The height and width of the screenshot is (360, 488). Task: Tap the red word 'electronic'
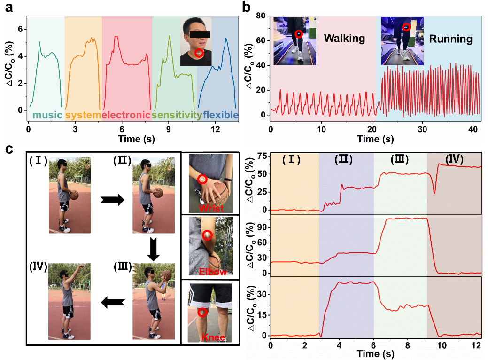pos(126,115)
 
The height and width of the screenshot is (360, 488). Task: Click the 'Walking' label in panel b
pos(344,38)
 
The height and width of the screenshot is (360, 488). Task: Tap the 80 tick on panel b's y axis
pos(262,16)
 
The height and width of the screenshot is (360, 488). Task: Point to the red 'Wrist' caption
pos(211,208)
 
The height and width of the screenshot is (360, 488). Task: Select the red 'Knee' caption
pos(209,337)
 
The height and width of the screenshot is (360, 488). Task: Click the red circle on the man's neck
pos(200,53)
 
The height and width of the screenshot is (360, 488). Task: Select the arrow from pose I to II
pos(113,200)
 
